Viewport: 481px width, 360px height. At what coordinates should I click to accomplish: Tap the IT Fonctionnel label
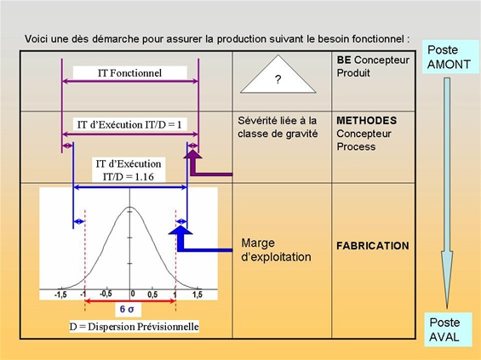pyautogui.click(x=129, y=73)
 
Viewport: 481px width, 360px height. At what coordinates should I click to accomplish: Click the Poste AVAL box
pyautogui.click(x=448, y=329)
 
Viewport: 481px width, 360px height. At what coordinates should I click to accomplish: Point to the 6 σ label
pyautogui.click(x=127, y=309)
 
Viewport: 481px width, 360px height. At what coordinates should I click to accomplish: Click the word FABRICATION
pyautogui.click(x=373, y=246)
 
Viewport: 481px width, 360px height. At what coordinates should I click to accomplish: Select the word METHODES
pyautogui.click(x=367, y=121)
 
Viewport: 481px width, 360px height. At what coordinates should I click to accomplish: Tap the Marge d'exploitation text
pyautogui.click(x=276, y=250)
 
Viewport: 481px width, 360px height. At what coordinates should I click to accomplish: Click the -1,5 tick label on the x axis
pyautogui.click(x=60, y=294)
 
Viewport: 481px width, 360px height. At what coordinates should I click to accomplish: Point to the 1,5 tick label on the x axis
pyautogui.click(x=198, y=294)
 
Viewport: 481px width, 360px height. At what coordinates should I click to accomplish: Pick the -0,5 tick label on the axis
pyautogui.click(x=106, y=294)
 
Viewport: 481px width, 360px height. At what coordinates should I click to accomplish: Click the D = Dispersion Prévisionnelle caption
pyautogui.click(x=134, y=326)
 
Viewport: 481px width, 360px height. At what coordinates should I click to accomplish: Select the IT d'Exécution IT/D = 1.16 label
pyautogui.click(x=129, y=170)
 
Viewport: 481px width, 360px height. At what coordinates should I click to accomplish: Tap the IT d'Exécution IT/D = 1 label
pyautogui.click(x=129, y=125)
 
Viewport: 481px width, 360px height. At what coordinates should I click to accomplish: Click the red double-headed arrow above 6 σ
pyautogui.click(x=129, y=301)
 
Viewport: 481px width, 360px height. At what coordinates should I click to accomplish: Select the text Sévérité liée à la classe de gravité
pyautogui.click(x=278, y=127)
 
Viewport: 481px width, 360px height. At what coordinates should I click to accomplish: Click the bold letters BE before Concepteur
pyautogui.click(x=344, y=60)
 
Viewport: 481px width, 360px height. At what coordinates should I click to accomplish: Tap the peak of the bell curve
pyautogui.click(x=129, y=208)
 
